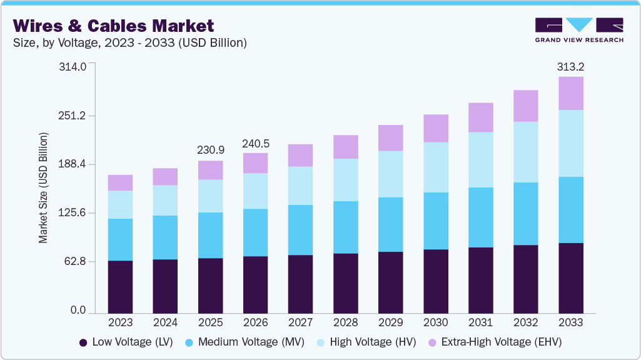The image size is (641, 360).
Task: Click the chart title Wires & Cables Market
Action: [113, 26]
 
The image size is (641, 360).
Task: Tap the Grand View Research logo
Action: [579, 29]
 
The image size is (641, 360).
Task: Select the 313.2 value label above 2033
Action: [570, 67]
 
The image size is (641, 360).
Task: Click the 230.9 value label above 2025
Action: [210, 151]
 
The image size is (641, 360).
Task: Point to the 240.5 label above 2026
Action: [255, 144]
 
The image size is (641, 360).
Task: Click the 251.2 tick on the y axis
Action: [73, 116]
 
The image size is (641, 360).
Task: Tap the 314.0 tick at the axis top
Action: [73, 67]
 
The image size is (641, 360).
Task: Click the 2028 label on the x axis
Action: [345, 322]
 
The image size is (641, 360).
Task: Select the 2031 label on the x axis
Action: [480, 322]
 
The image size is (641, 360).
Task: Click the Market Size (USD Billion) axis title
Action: [43, 187]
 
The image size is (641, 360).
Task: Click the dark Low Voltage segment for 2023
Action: [120, 286]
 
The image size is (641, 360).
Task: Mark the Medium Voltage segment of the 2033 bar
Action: [570, 209]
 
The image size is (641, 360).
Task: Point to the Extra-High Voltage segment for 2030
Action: [435, 128]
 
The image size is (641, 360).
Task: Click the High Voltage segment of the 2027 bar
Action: [300, 186]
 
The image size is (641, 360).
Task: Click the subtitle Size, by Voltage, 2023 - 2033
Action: [130, 43]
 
